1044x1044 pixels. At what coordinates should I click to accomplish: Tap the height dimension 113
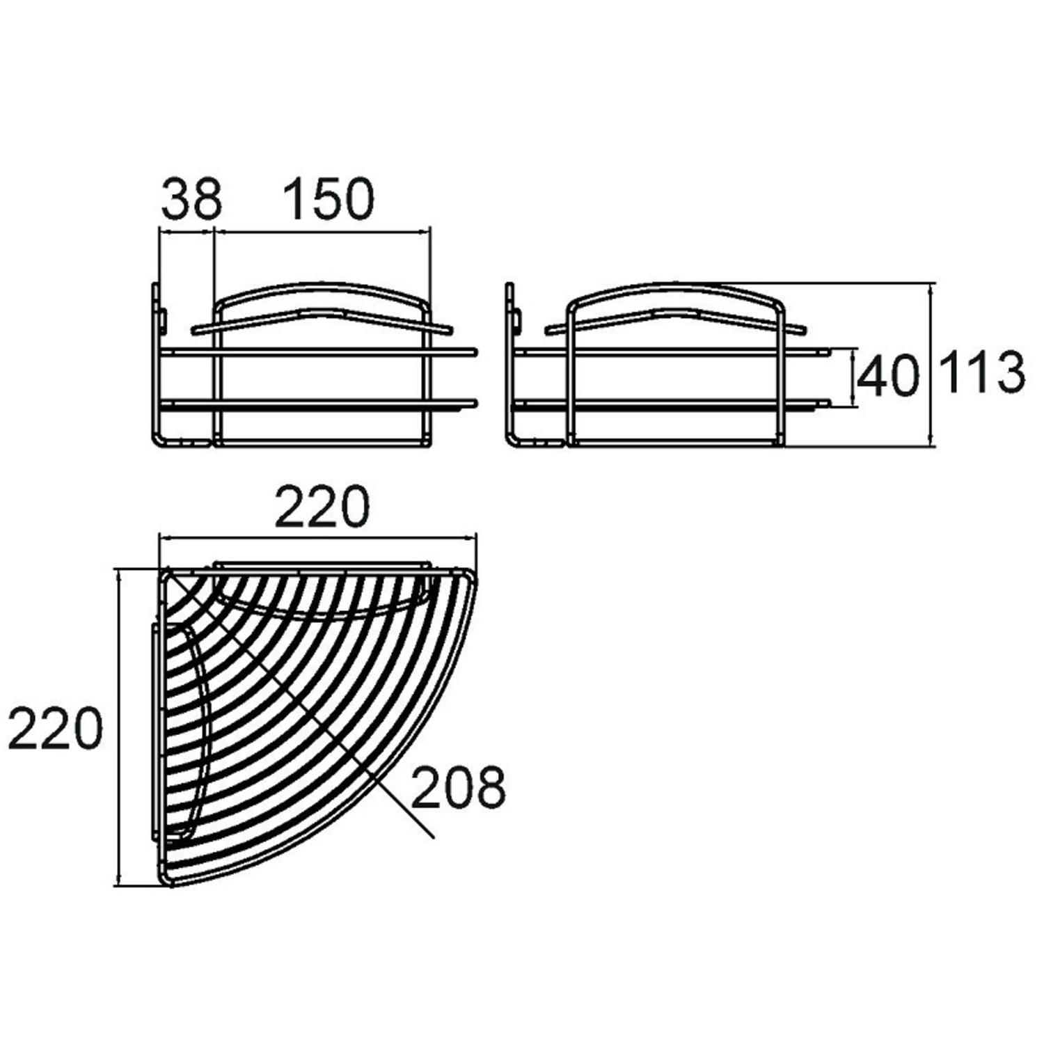coord(982,372)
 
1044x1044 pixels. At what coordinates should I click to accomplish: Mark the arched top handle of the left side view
coord(322,287)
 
